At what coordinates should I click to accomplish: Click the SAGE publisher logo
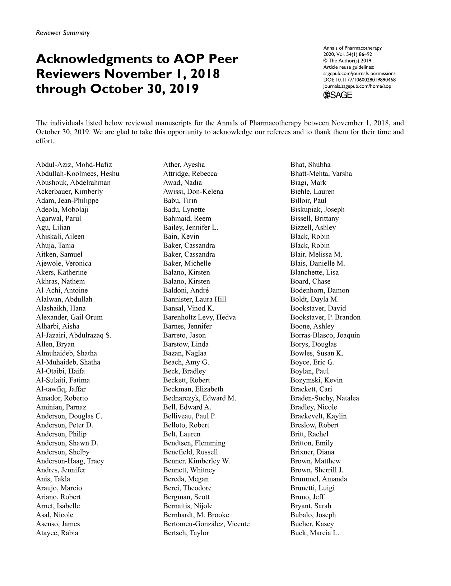coord(338,95)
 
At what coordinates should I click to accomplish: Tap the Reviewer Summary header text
coord(63,33)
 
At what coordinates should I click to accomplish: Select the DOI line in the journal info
coord(359,80)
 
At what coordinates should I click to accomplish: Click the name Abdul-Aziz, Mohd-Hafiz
coord(74,165)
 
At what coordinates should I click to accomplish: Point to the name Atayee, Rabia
coord(57,533)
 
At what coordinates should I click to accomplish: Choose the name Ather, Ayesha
coord(184,165)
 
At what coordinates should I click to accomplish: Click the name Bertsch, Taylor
coord(186,533)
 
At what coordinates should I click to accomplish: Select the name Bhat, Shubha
coord(310,165)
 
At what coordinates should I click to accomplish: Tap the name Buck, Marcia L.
coord(315,533)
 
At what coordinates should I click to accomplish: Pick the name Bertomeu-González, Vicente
coord(206,524)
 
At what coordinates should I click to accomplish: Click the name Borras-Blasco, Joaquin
coord(325,335)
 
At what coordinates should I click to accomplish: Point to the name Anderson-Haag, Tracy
coord(70,461)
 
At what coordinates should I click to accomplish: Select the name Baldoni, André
coord(186,290)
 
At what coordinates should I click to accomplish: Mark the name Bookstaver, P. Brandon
coord(325,317)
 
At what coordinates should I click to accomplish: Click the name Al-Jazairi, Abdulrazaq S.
coord(74,335)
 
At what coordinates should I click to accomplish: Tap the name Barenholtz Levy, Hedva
coord(199,317)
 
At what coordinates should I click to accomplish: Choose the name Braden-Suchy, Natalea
coord(325,398)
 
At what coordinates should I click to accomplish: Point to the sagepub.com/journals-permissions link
coord(359,73)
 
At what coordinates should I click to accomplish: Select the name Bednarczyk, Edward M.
coord(199,398)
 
